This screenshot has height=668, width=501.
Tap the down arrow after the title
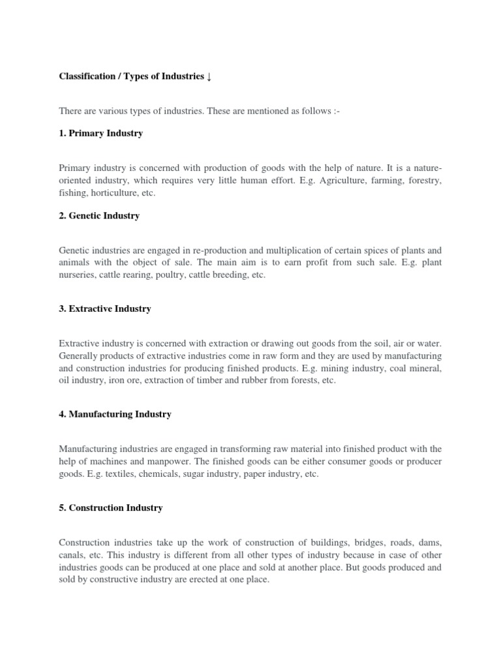pos(209,77)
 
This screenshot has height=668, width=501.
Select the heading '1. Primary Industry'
pos(100,133)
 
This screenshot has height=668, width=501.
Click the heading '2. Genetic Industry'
pos(99,215)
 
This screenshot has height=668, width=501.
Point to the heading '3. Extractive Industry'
pos(104,309)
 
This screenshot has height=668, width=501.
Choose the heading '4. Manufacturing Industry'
pos(115,414)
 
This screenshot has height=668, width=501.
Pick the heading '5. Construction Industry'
pos(110,507)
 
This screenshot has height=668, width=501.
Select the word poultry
pos(188,275)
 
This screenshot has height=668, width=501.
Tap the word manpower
pos(147,461)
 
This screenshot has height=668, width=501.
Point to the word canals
pos(72,554)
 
